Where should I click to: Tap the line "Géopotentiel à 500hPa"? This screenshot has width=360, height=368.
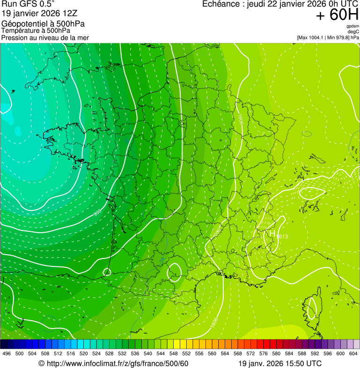pyautogui.click(x=43, y=24)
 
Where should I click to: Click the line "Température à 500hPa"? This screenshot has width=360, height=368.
pyautogui.click(x=36, y=30)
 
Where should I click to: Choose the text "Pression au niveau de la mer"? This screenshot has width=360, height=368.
pyautogui.click(x=45, y=37)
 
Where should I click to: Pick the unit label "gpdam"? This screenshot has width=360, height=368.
pyautogui.click(x=353, y=26)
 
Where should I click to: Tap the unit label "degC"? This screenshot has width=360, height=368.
pyautogui.click(x=353, y=31)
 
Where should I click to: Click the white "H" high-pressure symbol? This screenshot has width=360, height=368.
pyautogui.click(x=272, y=233)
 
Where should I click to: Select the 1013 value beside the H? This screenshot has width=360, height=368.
pyautogui.click(x=282, y=236)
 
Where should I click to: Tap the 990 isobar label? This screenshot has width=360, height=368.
pyautogui.click(x=97, y=213)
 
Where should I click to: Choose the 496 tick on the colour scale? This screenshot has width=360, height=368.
pyautogui.click(x=7, y=353)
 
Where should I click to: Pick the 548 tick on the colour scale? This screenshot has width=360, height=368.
pyautogui.click(x=173, y=353)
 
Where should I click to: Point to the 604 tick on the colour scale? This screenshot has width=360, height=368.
pyautogui.click(x=353, y=353)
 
